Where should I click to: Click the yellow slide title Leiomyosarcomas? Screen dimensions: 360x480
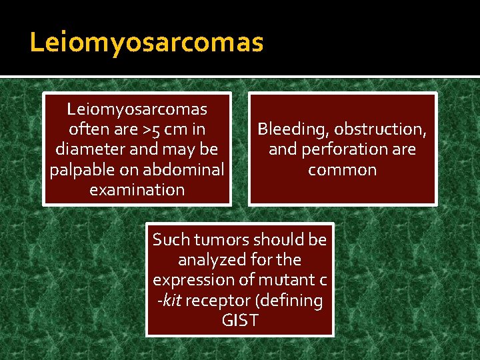pyautogui.click(x=147, y=43)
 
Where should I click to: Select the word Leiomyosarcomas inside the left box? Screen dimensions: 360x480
pyautogui.click(x=137, y=108)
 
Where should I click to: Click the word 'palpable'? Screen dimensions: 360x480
pyautogui.click(x=77, y=169)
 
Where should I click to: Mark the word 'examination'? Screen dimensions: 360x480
pyautogui.click(x=137, y=189)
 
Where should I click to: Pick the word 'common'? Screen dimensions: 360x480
pyautogui.click(x=342, y=169)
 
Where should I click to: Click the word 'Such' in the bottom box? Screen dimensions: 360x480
pyautogui.click(x=169, y=239)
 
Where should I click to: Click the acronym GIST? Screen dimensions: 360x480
pyautogui.click(x=240, y=321)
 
